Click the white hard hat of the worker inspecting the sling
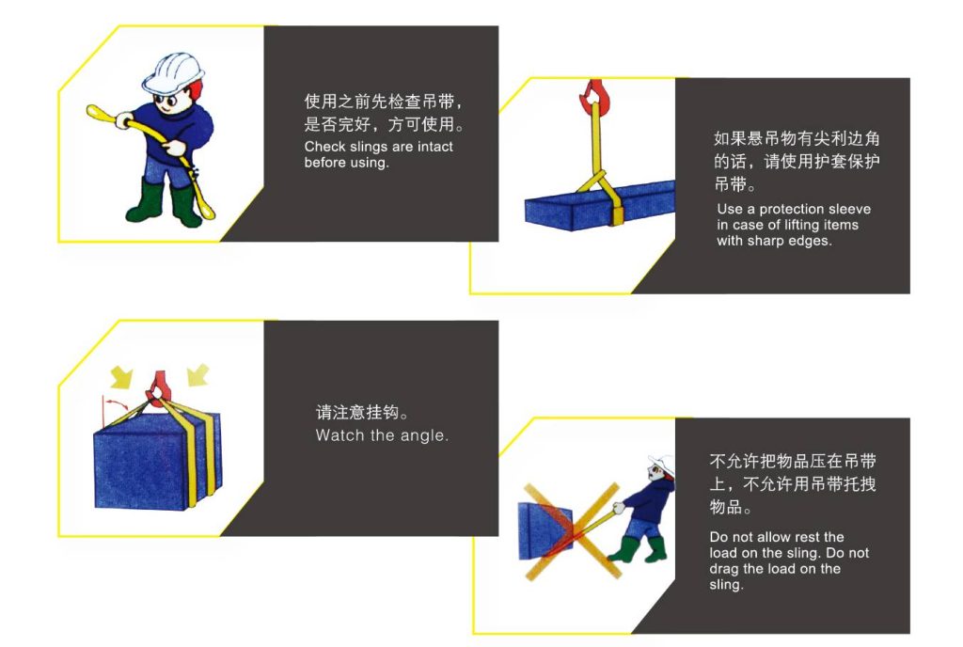pos(173,71)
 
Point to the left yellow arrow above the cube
pos(121,376)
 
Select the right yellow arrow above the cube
pos(198,374)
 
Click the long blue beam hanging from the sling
pos(599,205)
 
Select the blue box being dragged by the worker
pos(545,531)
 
